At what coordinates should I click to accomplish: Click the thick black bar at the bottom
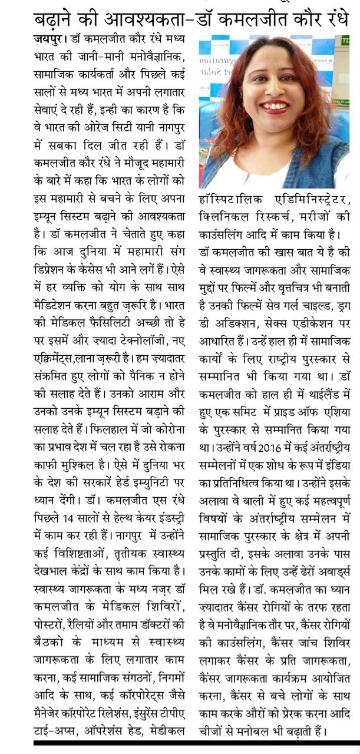click(x=195, y=743)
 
